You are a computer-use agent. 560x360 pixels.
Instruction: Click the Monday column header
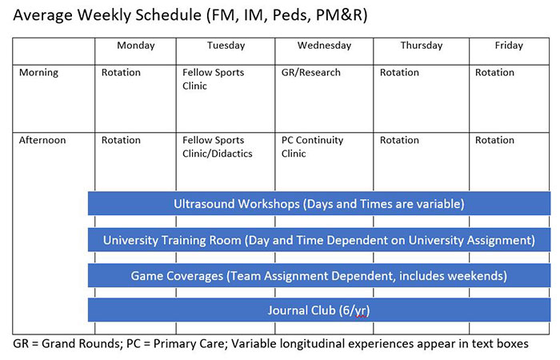pyautogui.click(x=136, y=46)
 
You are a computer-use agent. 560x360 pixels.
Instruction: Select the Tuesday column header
pyautogui.click(x=226, y=46)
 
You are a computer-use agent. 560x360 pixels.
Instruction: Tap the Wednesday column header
pyautogui.click(x=324, y=46)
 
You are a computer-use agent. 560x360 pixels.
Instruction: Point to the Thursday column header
pyautogui.click(x=422, y=46)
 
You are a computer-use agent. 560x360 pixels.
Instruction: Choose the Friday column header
pyautogui.click(x=510, y=46)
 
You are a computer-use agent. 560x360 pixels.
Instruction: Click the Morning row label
pyautogui.click(x=38, y=73)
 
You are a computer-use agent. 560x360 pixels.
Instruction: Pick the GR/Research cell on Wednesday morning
pyautogui.click(x=311, y=73)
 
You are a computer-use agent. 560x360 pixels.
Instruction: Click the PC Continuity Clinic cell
pyautogui.click(x=312, y=146)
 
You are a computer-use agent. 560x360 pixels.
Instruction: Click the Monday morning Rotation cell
pyautogui.click(x=121, y=73)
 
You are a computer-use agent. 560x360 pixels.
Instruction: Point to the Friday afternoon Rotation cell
pyautogui.click(x=494, y=140)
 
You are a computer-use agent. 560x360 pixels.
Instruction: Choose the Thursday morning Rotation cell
pyautogui.click(x=399, y=73)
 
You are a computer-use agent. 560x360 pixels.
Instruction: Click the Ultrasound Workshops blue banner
pyautogui.click(x=319, y=203)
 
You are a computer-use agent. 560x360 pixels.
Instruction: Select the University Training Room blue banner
pyautogui.click(x=319, y=240)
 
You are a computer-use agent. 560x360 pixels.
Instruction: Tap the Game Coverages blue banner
pyautogui.click(x=319, y=275)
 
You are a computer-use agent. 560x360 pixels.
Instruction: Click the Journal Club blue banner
pyautogui.click(x=319, y=310)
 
